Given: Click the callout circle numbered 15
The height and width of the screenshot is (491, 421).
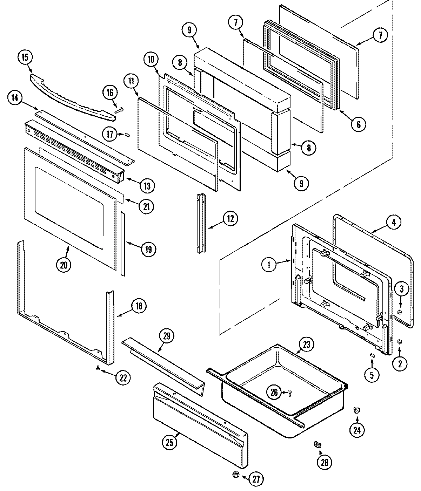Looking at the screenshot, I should [x=25, y=57].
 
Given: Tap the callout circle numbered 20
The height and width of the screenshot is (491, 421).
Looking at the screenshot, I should [x=63, y=265].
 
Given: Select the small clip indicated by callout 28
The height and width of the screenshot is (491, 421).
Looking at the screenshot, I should [x=318, y=445].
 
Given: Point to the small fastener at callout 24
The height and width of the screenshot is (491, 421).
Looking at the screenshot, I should [x=356, y=410].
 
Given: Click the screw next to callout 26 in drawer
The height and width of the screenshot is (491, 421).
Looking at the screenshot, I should [x=290, y=393].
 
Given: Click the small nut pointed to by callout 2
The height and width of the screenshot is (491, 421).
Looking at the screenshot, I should [x=399, y=342].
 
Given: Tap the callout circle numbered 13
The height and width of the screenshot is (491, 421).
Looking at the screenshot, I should [x=147, y=186].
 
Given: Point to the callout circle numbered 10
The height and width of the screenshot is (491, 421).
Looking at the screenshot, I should [x=151, y=60].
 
